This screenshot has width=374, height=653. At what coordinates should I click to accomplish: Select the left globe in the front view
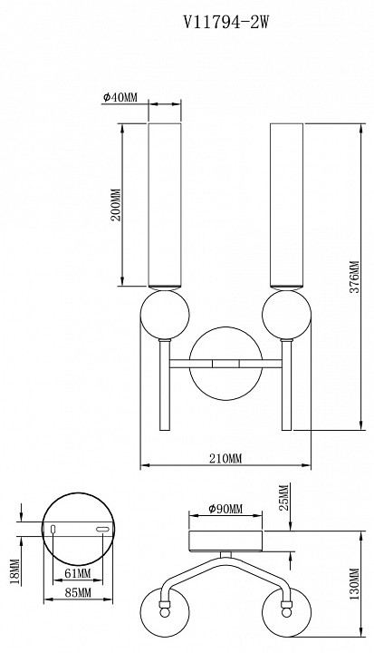pyautogui.click(x=164, y=315)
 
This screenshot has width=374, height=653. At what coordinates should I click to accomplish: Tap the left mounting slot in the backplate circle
pyautogui.click(x=53, y=529)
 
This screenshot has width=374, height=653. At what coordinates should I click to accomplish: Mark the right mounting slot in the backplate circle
pyautogui.click(x=101, y=529)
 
